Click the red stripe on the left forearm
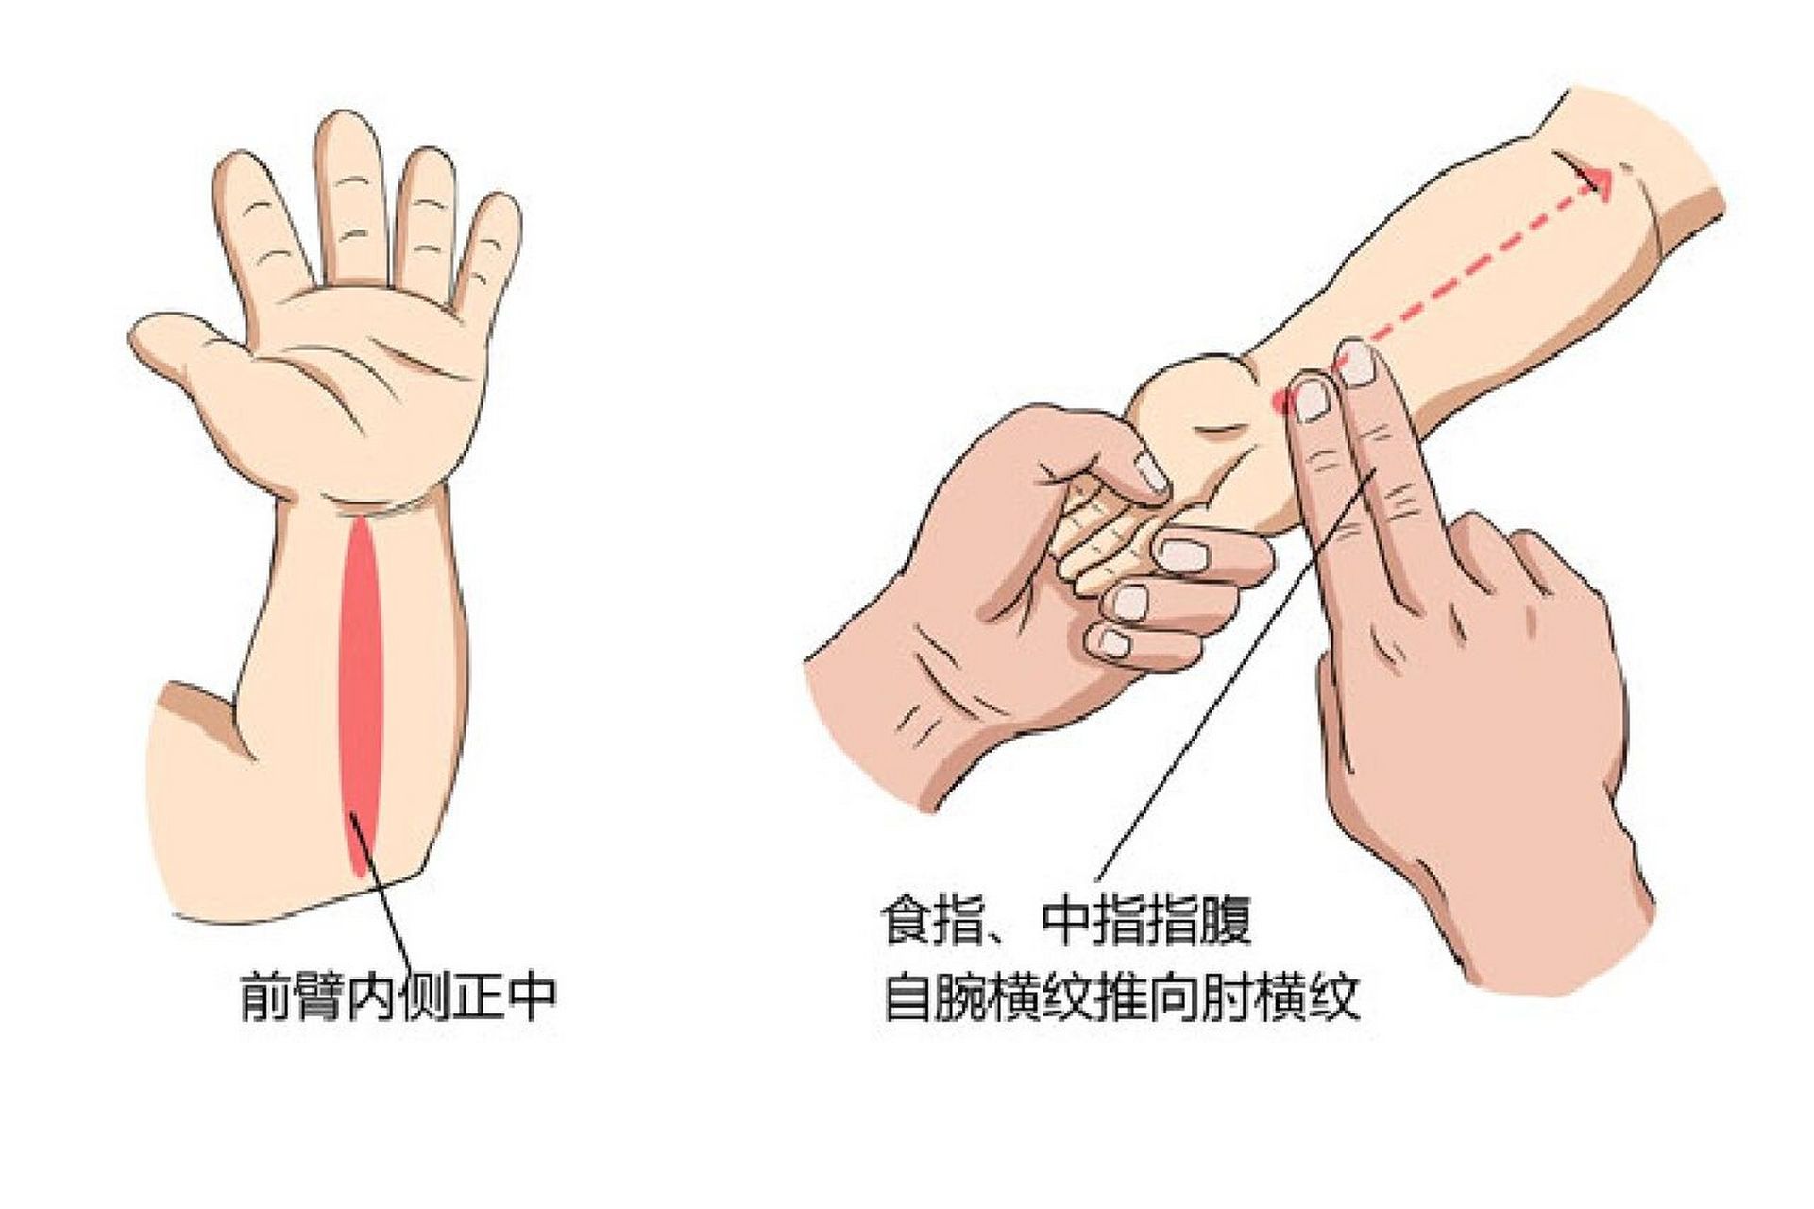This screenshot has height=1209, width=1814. pyautogui.click(x=360, y=680)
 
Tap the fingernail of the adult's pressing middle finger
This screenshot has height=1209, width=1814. pyautogui.click(x=1358, y=364)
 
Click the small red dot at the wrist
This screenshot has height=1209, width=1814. pyautogui.click(x=1279, y=401)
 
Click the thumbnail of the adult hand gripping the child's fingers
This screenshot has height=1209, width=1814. pyautogui.click(x=1152, y=472)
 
